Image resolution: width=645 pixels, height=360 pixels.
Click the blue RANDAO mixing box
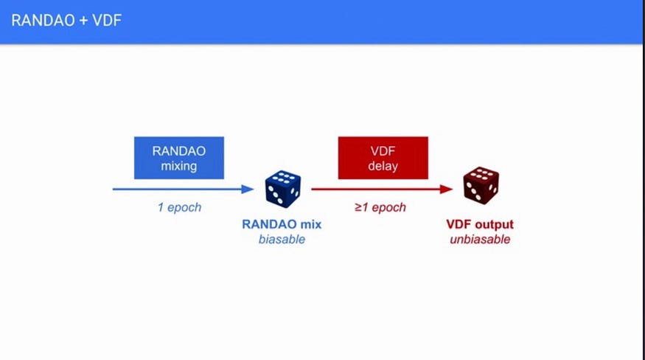point(179,158)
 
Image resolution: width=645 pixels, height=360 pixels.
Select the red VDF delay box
point(383,158)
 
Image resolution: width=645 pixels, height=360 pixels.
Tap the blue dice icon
point(283,188)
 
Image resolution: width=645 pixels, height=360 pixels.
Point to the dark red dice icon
point(480,186)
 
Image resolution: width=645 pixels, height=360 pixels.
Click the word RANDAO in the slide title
point(39,20)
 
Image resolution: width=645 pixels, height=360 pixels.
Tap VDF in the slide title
point(106,20)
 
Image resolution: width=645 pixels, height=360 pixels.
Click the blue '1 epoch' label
point(179,207)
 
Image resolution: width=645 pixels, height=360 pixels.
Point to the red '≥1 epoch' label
point(380,207)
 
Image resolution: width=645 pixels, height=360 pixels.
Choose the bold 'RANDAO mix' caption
point(282,224)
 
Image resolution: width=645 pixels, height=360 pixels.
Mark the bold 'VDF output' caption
point(480,224)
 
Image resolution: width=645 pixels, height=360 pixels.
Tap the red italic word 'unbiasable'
point(480,239)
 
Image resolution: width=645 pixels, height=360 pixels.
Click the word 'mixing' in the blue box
point(179,166)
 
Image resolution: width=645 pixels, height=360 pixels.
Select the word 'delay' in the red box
point(383,166)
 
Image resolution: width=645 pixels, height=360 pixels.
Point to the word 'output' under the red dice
point(494,224)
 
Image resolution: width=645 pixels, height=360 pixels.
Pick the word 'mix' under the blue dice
point(310,224)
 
